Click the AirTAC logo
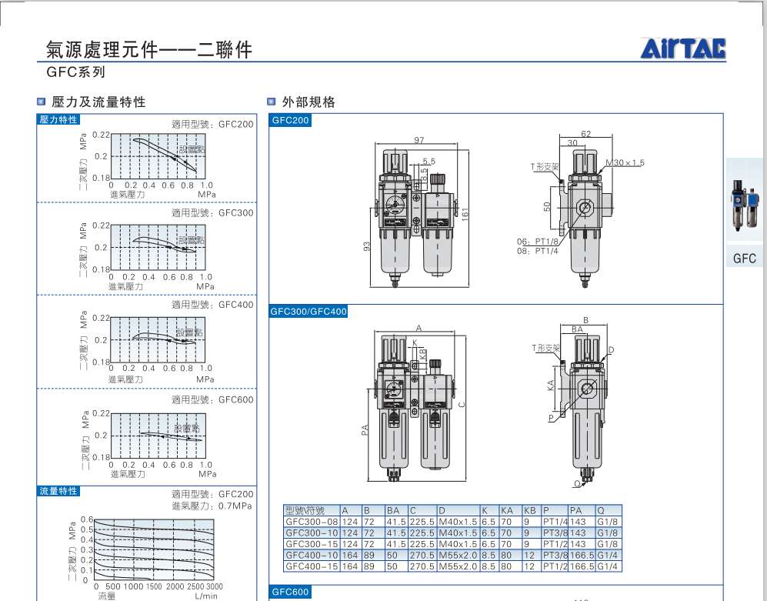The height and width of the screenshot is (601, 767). [x=683, y=49]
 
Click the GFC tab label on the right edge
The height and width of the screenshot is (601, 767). [x=745, y=259]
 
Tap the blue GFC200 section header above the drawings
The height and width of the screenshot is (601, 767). [x=290, y=121]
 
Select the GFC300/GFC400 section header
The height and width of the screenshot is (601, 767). [x=308, y=312]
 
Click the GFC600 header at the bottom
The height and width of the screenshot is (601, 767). [x=290, y=592]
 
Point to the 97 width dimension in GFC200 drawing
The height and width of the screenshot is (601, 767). [x=419, y=140]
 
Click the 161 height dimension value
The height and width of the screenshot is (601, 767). [x=465, y=212]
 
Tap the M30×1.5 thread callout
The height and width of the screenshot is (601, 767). [x=625, y=163]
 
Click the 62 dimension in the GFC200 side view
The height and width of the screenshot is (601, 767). [x=586, y=134]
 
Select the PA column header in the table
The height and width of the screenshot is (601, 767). [x=575, y=510]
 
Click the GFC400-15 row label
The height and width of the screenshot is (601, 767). [x=312, y=566]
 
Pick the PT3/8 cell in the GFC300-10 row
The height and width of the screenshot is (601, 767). [x=555, y=533]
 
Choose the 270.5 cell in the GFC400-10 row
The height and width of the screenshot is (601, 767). [x=422, y=555]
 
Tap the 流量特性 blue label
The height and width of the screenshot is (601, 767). [x=58, y=491]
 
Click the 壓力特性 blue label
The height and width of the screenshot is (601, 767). [x=58, y=119]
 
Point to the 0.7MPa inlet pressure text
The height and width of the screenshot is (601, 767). [x=234, y=506]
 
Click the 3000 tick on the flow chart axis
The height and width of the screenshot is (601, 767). [x=204, y=586]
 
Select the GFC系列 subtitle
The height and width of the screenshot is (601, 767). [x=75, y=73]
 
